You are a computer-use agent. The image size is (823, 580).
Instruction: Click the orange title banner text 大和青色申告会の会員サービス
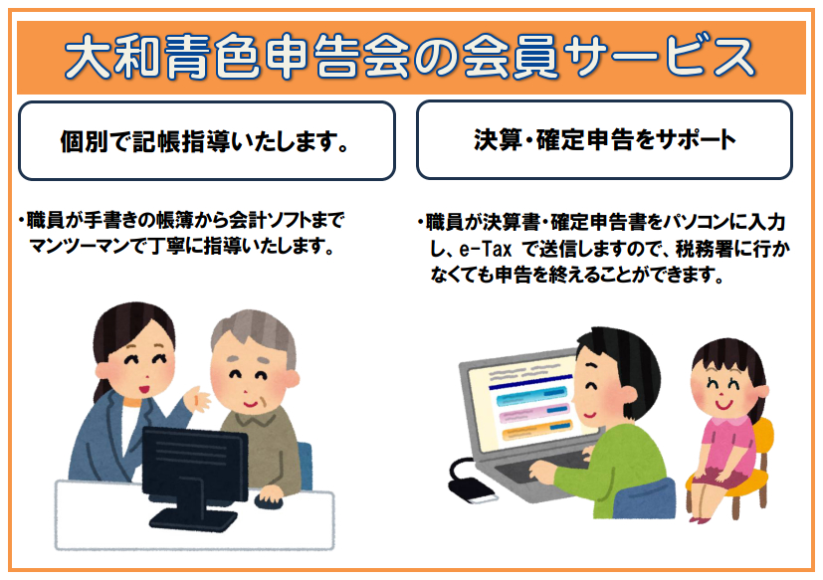(x=410, y=58)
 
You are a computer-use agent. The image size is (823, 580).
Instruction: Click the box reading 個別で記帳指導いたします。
(x=206, y=140)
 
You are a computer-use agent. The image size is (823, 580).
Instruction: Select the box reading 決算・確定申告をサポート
(x=604, y=140)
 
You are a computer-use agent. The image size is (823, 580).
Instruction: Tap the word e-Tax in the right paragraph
(x=485, y=249)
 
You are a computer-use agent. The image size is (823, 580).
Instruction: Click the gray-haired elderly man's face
(x=251, y=379)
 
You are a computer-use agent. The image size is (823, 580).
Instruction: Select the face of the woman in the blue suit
(x=140, y=367)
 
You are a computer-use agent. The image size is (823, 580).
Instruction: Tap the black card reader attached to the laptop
(x=471, y=489)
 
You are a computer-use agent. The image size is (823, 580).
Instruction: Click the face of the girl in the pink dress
(x=722, y=391)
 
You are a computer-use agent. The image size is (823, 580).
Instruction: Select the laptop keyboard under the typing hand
(x=540, y=468)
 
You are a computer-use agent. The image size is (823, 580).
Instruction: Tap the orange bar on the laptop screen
(x=535, y=431)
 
